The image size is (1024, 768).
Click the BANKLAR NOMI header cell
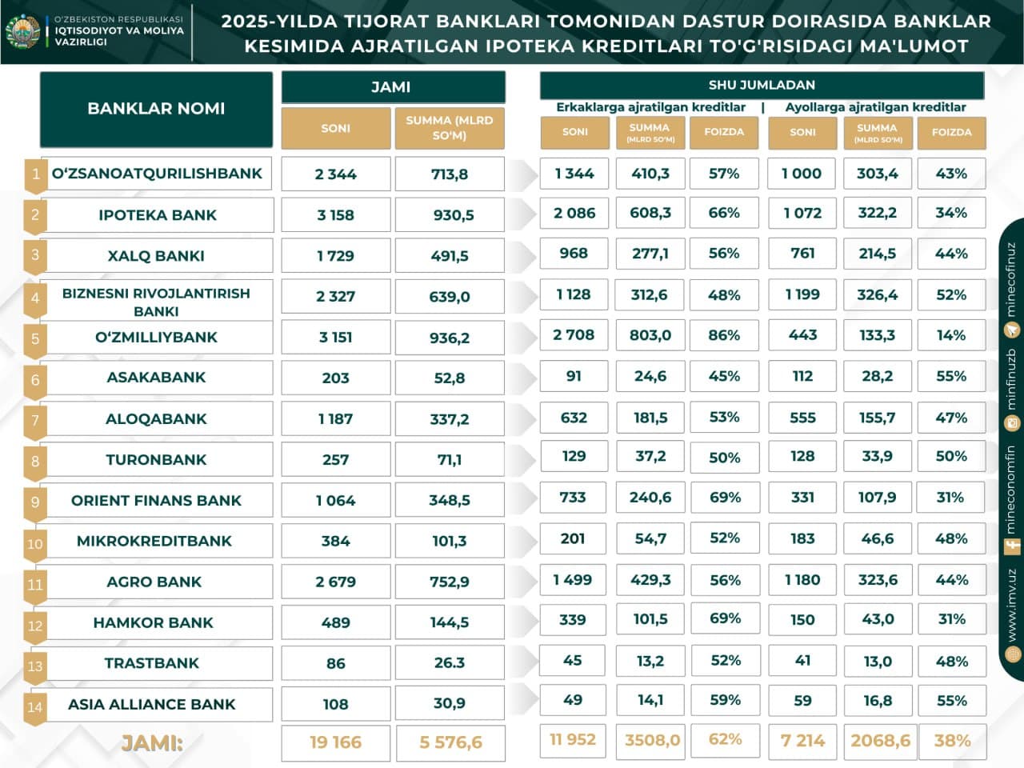coord(156,109)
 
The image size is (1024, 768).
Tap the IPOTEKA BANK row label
coord(158,215)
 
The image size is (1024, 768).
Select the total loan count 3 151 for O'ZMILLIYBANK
coord(335,338)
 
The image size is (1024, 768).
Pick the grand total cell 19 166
coord(335,742)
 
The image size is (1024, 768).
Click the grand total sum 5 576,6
coord(450,742)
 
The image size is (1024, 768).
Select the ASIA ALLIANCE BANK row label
coord(152,705)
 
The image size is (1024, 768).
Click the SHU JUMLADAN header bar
coord(762,85)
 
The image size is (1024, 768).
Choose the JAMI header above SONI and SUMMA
coord(392,87)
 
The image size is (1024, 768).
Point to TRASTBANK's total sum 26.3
coord(450,663)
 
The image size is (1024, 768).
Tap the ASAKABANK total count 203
coord(335,378)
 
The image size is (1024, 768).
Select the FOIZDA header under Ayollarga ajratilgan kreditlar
coord(951,133)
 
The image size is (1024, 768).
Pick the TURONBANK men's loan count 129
coord(574,457)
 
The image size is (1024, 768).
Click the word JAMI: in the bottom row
coord(152,743)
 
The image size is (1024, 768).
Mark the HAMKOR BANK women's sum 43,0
coord(878,620)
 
